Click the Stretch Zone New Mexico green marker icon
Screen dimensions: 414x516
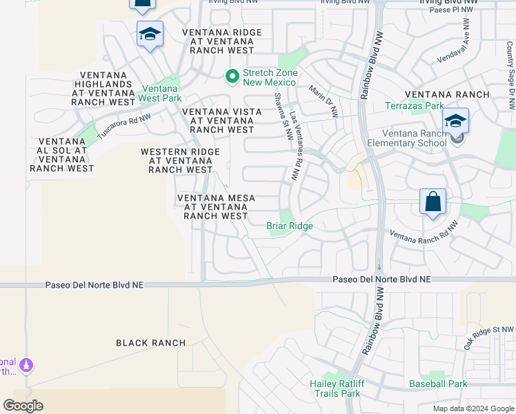coord(232,76)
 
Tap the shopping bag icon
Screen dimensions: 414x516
coord(433,203)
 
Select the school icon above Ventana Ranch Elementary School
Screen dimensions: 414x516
coord(455,121)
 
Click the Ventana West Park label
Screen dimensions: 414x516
coord(161,93)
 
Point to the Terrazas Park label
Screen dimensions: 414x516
coord(415,106)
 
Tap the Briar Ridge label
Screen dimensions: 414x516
coord(290,226)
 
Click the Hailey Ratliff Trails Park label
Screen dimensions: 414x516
coord(335,388)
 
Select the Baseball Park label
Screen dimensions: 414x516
coord(437,384)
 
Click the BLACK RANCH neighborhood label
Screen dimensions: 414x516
coord(150,343)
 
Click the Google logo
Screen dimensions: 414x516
coord(23,406)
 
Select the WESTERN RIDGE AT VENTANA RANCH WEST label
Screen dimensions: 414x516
coord(180,161)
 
